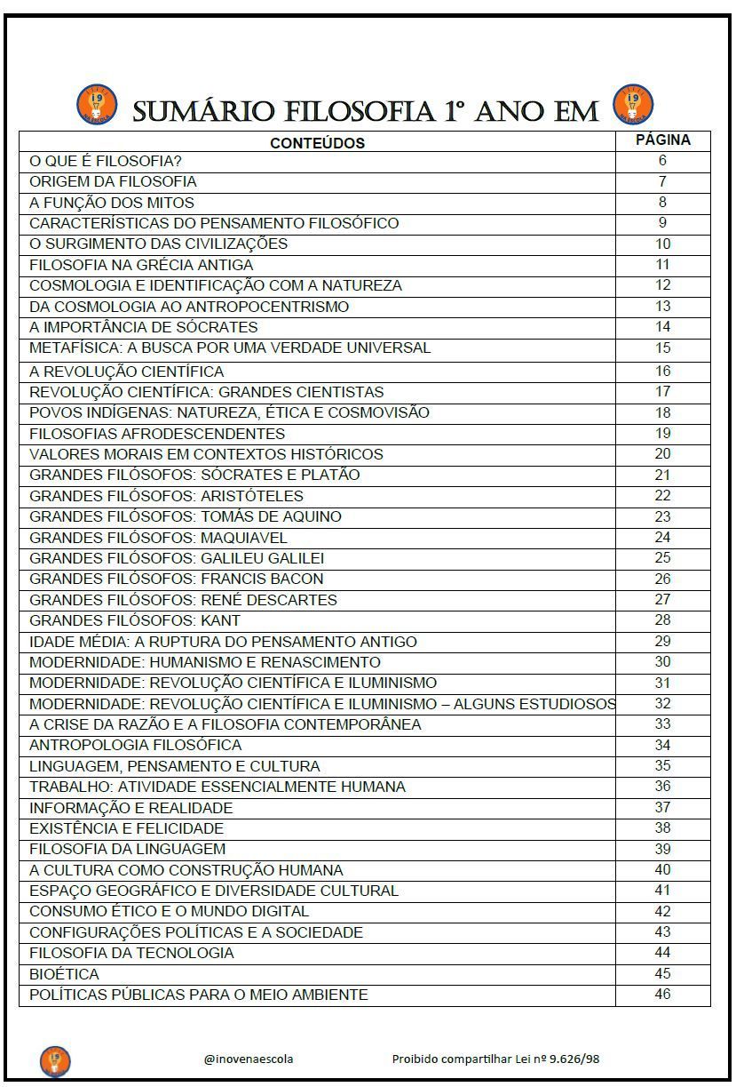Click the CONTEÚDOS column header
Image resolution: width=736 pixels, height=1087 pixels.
coord(317,142)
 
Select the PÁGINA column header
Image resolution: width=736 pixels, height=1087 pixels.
coord(662,140)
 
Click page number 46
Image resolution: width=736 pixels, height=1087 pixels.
coord(662,994)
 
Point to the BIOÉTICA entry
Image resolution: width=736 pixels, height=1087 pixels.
coord(64,974)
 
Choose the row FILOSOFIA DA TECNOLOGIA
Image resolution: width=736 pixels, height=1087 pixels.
coord(131,953)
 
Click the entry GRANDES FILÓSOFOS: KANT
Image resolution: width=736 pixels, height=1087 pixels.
coord(135,620)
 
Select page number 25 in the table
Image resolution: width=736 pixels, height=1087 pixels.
coord(662,558)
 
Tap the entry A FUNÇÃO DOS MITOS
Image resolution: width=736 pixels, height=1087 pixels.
coord(112,203)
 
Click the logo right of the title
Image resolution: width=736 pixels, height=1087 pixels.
coord(633,103)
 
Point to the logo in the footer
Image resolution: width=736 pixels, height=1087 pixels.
coord(55,1060)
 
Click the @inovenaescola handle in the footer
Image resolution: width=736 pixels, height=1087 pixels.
coord(249,1059)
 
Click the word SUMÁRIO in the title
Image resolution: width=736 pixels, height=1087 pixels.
coord(203,112)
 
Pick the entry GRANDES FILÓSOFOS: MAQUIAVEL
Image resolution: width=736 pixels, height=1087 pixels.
coord(158,538)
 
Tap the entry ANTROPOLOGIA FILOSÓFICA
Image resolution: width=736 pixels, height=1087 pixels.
coord(135,745)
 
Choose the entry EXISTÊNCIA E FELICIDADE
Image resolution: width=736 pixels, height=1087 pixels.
coord(126,828)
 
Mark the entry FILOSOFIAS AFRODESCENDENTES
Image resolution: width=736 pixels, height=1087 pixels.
coord(157,434)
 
